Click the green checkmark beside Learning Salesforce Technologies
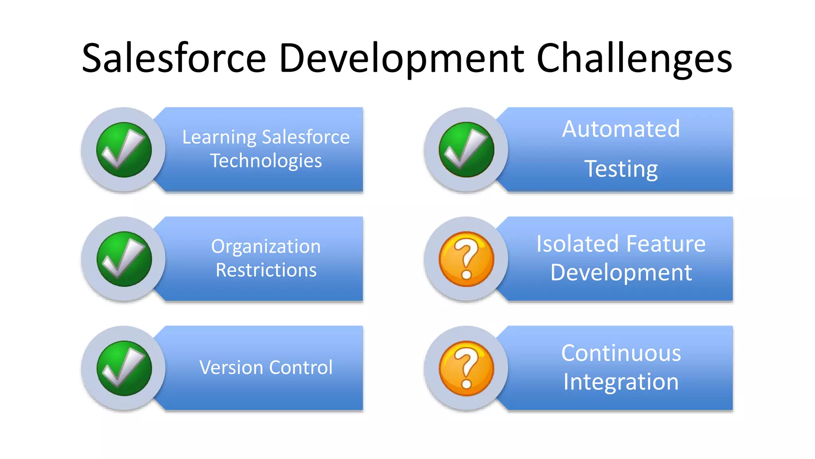(124, 150)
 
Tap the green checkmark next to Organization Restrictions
(124, 259)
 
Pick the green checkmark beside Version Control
(124, 368)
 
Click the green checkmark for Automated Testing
(466, 150)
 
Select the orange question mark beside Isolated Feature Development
(466, 259)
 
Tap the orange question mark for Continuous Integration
(466, 368)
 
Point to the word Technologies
(266, 161)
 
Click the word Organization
(266, 247)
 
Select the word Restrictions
(266, 270)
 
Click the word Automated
(621, 129)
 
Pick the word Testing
(621, 169)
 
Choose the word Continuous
(621, 353)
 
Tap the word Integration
(621, 382)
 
